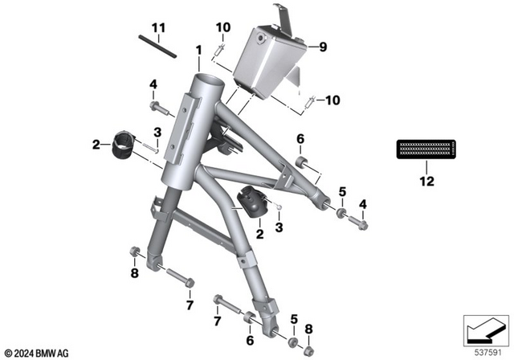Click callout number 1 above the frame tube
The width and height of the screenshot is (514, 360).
(x=198, y=51)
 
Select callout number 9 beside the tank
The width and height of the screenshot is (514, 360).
(x=323, y=47)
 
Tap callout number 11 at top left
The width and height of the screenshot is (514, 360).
(x=159, y=30)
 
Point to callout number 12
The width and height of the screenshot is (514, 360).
(x=426, y=182)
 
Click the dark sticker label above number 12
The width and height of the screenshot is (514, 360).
(x=426, y=149)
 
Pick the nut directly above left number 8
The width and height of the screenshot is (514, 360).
(x=135, y=256)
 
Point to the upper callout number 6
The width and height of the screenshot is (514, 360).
(x=300, y=139)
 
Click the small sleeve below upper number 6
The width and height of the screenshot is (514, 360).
(x=303, y=164)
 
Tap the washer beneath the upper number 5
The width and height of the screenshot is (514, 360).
(x=341, y=215)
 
